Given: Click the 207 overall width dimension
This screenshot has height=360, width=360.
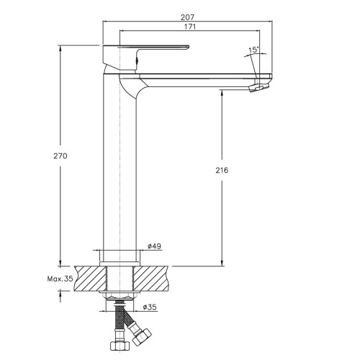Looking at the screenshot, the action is tap(188, 17).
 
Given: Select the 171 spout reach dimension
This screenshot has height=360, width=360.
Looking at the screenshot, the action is tap(190, 27).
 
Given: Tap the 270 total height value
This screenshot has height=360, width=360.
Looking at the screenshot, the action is tap(60, 156).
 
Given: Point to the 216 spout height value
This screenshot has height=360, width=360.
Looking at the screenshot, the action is tap(222, 171).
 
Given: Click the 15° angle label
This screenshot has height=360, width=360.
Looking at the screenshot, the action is tap(253, 50).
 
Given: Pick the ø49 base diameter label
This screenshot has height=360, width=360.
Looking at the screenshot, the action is tap(154, 246).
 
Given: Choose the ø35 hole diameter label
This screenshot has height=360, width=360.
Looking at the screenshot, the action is tap(150, 307).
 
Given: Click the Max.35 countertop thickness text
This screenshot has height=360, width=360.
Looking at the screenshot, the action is tap(60, 279).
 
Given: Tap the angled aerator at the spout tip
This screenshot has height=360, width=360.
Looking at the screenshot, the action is tap(259, 87).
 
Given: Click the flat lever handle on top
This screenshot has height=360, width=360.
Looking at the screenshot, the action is tap(146, 48).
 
